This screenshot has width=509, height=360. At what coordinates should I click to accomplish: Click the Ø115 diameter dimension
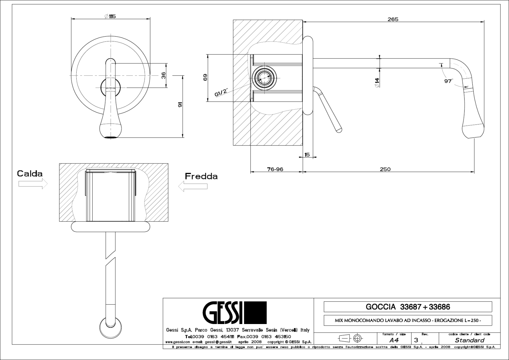click(110, 16)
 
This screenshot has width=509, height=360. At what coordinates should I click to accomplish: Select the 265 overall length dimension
click(393, 19)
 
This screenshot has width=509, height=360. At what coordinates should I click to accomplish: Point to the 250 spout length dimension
click(385, 169)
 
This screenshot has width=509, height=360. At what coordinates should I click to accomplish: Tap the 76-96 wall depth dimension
click(275, 169)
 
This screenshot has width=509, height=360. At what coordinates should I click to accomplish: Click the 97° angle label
click(448, 81)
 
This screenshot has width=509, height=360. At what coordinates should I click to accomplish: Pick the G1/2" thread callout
click(221, 92)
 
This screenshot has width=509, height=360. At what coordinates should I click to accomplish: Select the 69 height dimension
click(205, 77)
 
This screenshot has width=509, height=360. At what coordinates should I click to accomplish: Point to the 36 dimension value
click(163, 75)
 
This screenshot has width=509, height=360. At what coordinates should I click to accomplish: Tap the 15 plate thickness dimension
click(307, 155)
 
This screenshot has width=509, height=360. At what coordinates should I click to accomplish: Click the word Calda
click(30, 174)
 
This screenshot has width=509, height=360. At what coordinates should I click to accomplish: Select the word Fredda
click(201, 176)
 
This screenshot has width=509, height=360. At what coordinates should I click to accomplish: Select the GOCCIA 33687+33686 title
click(408, 307)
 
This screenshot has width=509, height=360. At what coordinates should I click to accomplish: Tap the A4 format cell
click(394, 340)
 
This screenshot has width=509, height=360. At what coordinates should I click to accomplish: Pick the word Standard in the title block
click(469, 340)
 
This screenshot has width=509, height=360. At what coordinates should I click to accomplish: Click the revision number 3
click(416, 340)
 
